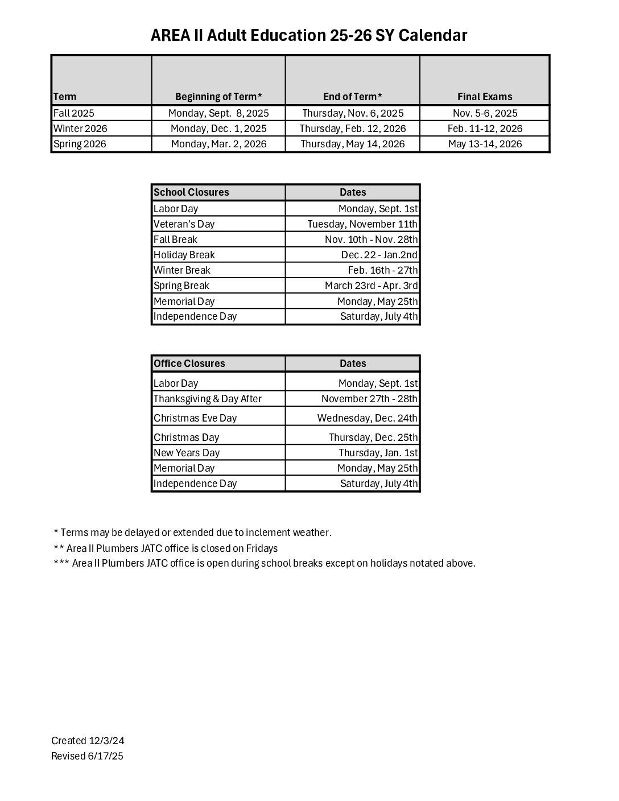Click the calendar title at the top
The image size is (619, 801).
(x=309, y=36)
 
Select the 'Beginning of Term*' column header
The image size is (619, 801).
(x=218, y=97)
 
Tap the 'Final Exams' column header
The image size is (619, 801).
(x=485, y=97)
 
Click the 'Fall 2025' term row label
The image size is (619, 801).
(x=74, y=113)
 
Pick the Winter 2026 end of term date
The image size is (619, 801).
(x=353, y=129)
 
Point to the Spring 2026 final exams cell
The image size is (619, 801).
(x=485, y=144)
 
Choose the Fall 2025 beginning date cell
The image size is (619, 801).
(x=218, y=113)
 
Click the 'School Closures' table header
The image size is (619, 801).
(x=192, y=192)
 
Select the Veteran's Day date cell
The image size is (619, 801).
(x=362, y=224)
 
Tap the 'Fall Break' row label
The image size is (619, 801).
(x=176, y=240)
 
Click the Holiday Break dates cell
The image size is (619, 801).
(x=379, y=255)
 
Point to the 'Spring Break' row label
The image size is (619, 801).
(x=181, y=286)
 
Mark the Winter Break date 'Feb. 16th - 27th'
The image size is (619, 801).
(x=382, y=270)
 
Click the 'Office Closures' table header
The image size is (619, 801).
(x=189, y=364)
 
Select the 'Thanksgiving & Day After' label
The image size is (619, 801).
(x=208, y=399)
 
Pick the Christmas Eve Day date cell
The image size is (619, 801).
(x=367, y=418)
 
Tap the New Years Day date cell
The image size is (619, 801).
(x=378, y=453)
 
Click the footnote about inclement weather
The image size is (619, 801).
(x=192, y=532)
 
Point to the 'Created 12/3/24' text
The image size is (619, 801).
(x=88, y=741)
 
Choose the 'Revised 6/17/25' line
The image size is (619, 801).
(x=87, y=756)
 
